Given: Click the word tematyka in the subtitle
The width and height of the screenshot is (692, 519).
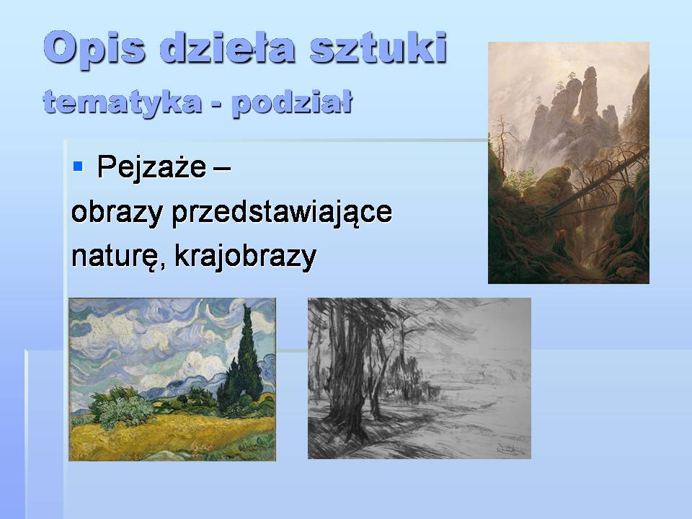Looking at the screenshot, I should coord(122,102).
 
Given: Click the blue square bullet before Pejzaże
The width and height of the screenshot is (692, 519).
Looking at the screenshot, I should coord(79,167).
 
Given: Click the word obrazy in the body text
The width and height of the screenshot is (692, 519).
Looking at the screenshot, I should coord(116,213).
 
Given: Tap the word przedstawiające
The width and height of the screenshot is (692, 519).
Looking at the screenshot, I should coord(280,213).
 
